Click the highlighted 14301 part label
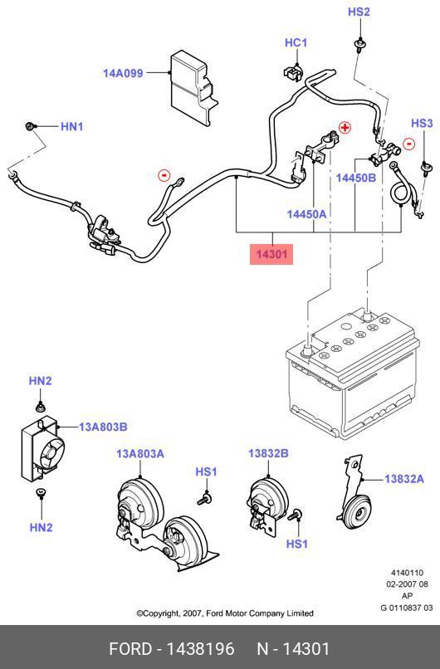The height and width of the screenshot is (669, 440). [x=271, y=254]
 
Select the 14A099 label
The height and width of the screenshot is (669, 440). [x=123, y=73]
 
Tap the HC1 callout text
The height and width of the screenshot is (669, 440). [x=296, y=42]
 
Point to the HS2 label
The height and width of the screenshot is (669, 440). [x=359, y=12]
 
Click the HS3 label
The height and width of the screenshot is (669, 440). [x=422, y=124]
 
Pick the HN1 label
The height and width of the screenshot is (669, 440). [x=72, y=126]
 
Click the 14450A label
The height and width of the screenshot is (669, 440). [x=306, y=214]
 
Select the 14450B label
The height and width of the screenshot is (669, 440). [x=356, y=178]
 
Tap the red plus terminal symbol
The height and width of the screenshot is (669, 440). [x=345, y=127]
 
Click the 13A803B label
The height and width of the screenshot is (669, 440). [x=103, y=427]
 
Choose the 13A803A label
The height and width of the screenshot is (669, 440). [x=140, y=453]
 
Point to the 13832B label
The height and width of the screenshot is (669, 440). [x=268, y=453]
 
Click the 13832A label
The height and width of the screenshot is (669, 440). [x=404, y=479]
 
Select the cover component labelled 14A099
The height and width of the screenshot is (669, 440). [x=193, y=87]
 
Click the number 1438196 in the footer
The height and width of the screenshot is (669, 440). [x=200, y=649]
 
